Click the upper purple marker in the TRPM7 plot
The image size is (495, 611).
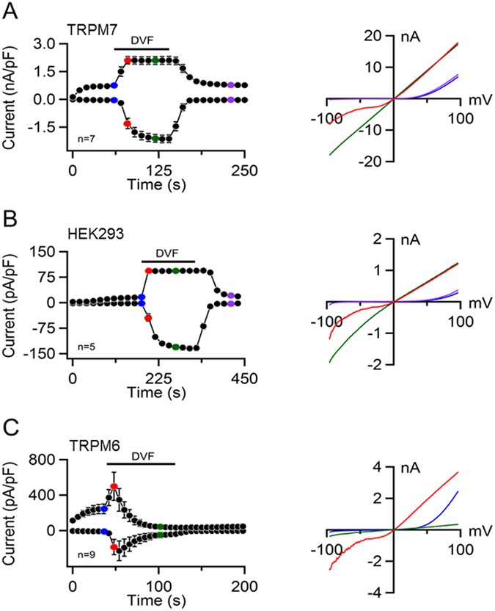(x=231, y=85)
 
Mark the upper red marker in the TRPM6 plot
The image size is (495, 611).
(x=114, y=487)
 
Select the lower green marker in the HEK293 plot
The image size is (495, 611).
(x=176, y=347)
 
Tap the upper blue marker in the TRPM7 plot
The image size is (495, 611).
(x=114, y=86)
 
